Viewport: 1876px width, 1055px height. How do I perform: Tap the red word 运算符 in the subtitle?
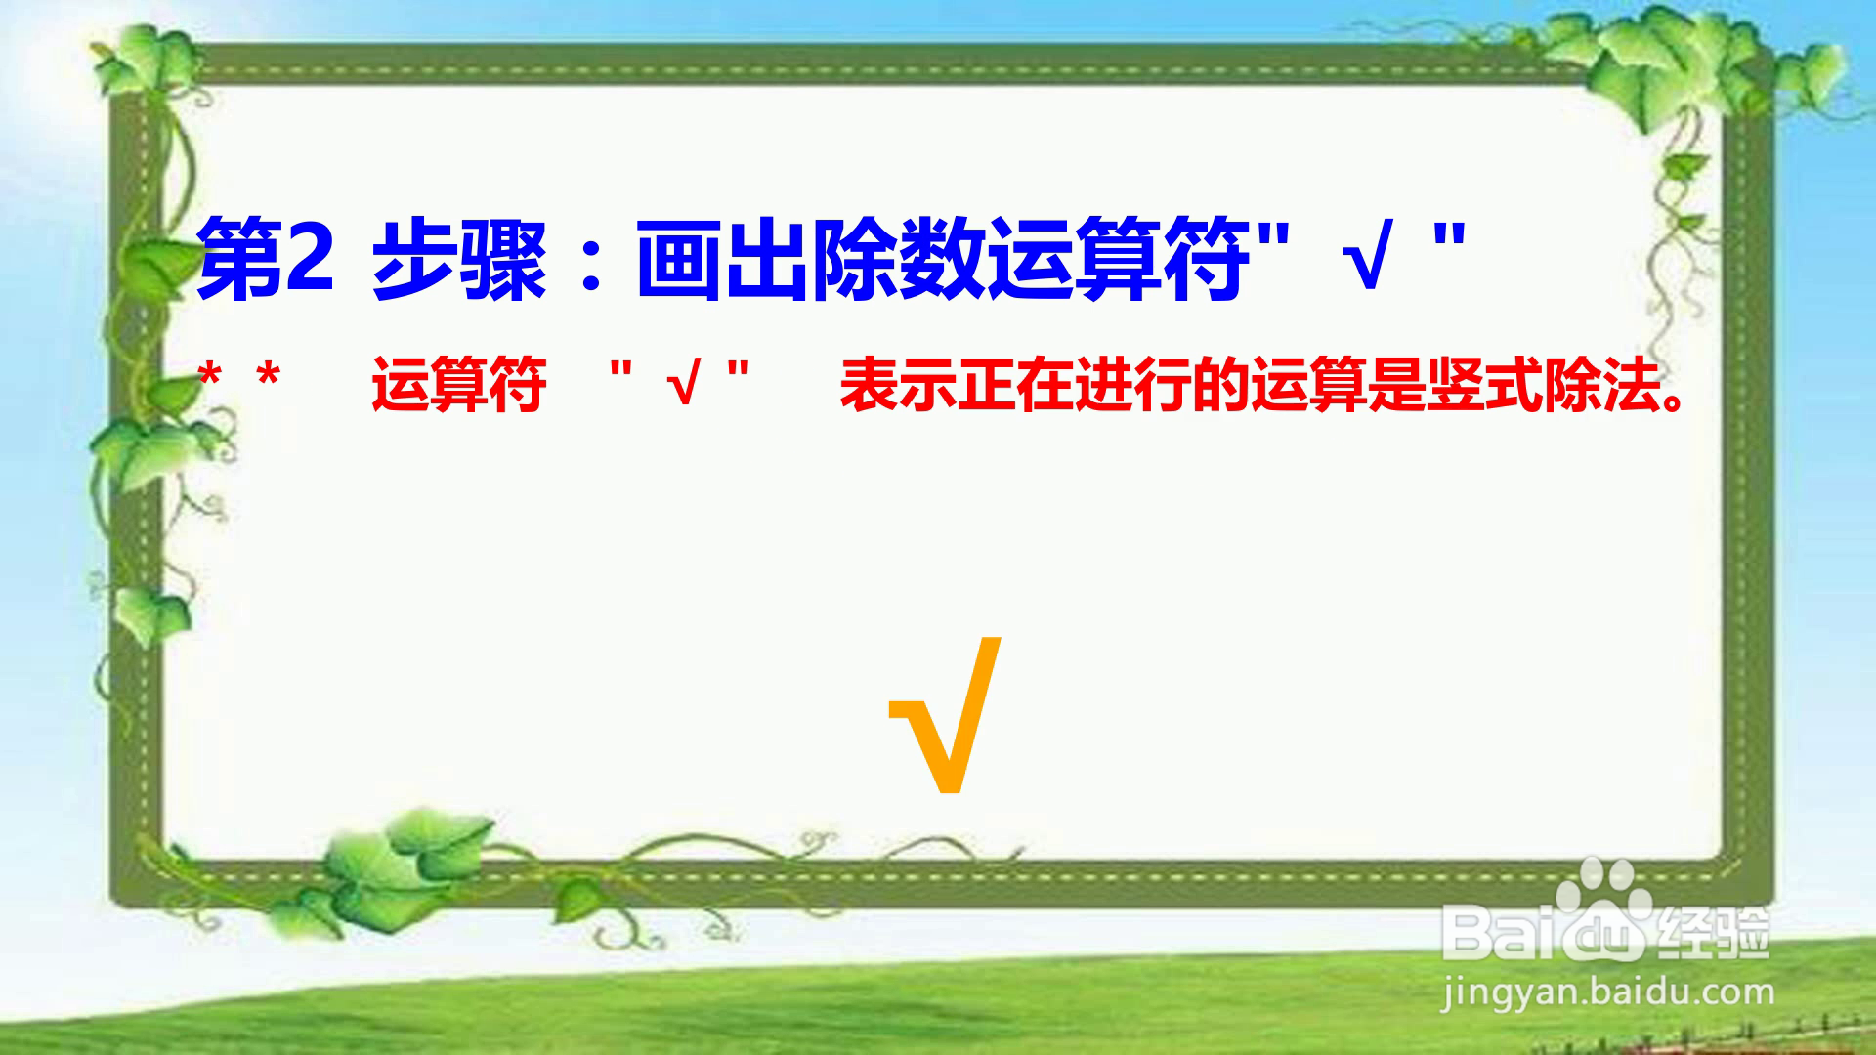click(x=458, y=385)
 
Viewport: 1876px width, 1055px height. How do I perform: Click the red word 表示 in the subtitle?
click(x=898, y=385)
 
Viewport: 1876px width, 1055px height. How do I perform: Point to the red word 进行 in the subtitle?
click(x=1132, y=385)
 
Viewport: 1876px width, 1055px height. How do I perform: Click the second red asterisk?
click(x=268, y=376)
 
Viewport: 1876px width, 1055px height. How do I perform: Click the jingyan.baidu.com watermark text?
click(x=1607, y=994)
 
